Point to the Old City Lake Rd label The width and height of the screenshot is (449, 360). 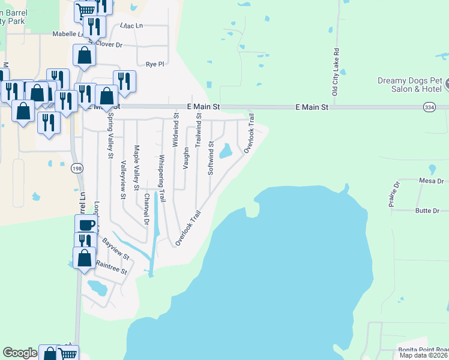pos(336,72)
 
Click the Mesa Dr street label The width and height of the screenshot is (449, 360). pos(432,181)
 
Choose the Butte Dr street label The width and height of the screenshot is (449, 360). pos(428,211)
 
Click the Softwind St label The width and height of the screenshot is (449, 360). pos(211,158)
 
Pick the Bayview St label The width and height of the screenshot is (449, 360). pos(116,248)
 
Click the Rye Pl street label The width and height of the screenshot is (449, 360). pos(155,64)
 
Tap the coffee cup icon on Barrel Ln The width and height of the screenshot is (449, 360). pos(86,225)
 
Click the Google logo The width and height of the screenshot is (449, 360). pos(20,353)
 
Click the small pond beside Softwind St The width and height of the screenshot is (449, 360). pos(226,151)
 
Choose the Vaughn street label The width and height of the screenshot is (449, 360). pos(187,158)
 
